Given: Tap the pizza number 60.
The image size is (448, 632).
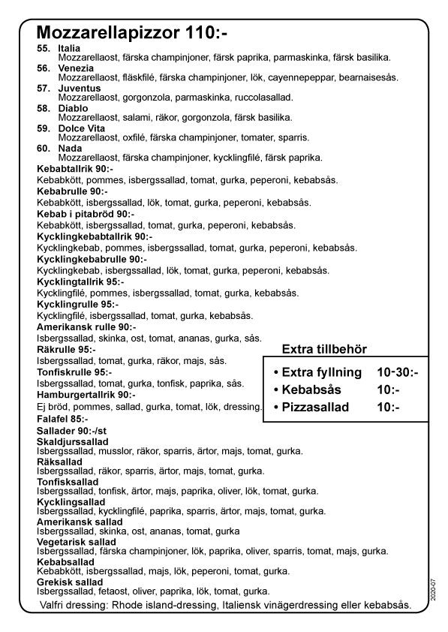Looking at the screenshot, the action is tap(44, 149).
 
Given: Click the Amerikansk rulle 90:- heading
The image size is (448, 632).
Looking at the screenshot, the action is tap(86, 327).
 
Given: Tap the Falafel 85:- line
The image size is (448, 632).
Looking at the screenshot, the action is tap(62, 418).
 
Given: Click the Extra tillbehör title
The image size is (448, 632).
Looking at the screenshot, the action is tap(323, 349).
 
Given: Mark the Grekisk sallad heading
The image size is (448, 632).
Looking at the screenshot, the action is tap(70, 582).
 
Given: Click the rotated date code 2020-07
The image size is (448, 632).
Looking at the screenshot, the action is tap(434, 588).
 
